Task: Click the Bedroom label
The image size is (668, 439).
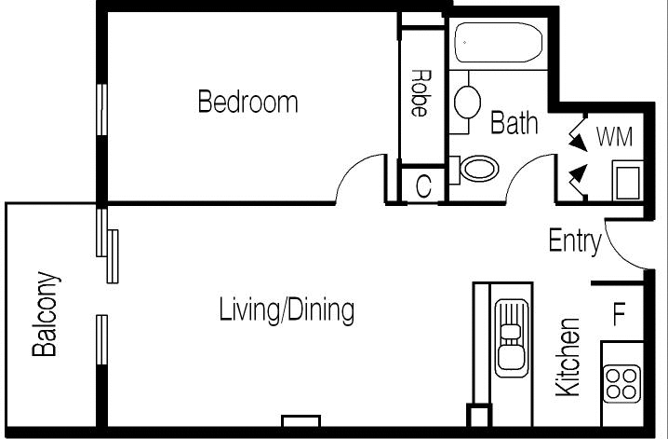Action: coord(247,102)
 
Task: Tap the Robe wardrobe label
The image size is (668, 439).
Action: coord(420,93)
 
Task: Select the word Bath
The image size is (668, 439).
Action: coord(514,123)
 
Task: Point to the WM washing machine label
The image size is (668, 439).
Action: coord(614,137)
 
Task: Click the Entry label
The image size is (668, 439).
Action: coord(574,241)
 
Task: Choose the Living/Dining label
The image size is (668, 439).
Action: coord(286,310)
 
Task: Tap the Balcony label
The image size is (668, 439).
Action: coord(46,315)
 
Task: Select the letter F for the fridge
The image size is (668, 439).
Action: coord(619,314)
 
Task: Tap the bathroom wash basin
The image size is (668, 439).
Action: coord(466,100)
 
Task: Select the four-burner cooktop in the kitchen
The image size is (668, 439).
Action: coord(622,382)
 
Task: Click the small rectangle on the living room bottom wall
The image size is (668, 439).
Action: coord(301,420)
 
